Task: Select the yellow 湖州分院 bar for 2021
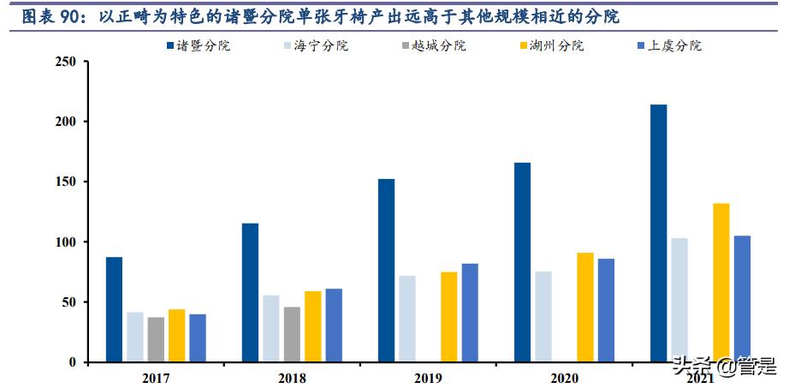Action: [721, 282]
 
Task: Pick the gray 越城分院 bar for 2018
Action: [292, 334]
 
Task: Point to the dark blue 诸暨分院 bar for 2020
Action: [522, 262]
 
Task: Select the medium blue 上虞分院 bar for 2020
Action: [606, 310]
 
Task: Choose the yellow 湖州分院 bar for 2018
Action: [312, 326]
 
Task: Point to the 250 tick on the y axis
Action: [65, 63]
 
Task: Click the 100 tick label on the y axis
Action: [65, 242]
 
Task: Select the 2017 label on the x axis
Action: [156, 378]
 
